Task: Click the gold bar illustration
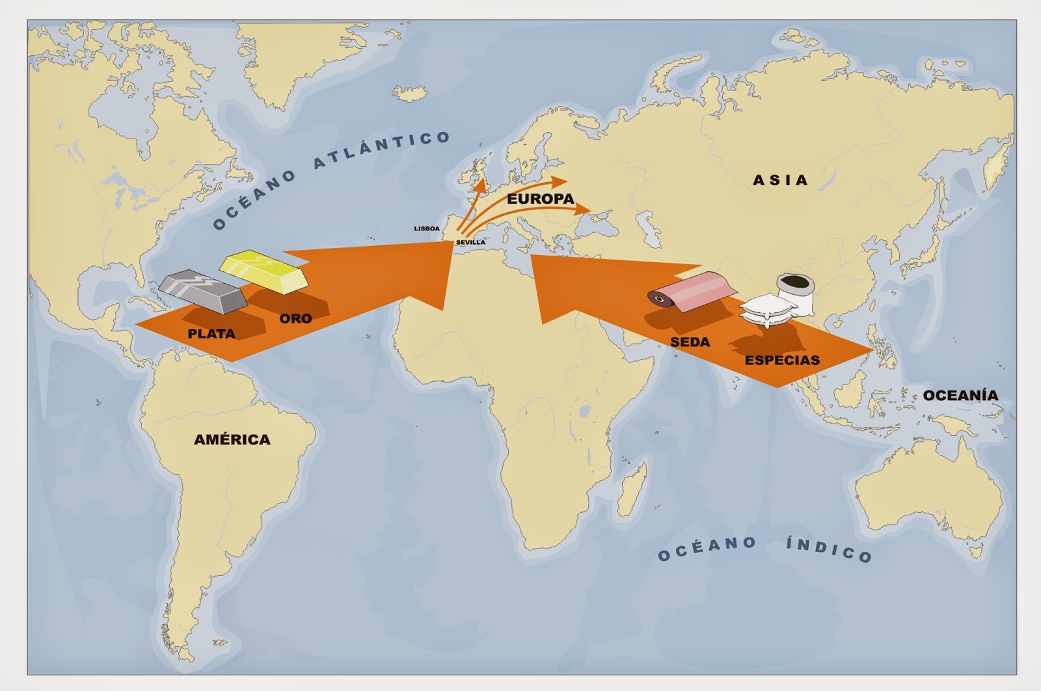coord(263,272)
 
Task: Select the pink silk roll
coord(692,291)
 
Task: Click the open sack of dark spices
coord(793,287)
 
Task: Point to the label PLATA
coord(211,334)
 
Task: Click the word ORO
coord(295,319)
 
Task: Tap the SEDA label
coord(690,342)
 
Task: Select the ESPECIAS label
coord(782,360)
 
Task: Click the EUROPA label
coord(541,199)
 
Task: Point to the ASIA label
coord(780,180)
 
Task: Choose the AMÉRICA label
coord(232,440)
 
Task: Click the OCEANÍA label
coord(960,396)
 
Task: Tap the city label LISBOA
coord(427,229)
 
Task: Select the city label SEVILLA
coord(470,243)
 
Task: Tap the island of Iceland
coord(411,93)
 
